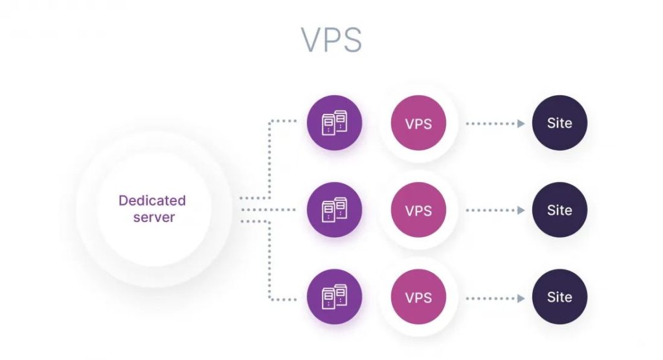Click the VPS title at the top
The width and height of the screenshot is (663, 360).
coord(331,40)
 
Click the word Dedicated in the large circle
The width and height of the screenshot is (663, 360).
coord(152,201)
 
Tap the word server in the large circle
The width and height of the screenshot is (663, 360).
coord(154,217)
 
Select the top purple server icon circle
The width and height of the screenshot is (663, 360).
coord(334,122)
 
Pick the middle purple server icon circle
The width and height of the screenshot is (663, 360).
coord(334,210)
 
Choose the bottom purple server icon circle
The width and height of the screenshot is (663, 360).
coord(334,298)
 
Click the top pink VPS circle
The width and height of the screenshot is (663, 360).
coord(418,123)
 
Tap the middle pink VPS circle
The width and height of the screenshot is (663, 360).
coord(418,210)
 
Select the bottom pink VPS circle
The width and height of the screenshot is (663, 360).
coord(418,298)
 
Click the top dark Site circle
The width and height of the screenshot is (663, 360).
coord(559,123)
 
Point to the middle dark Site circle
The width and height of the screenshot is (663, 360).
coord(559,210)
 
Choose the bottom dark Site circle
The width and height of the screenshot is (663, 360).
coord(559,298)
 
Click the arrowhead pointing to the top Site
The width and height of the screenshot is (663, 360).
coord(521,123)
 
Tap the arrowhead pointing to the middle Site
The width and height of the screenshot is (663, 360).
coord(521,210)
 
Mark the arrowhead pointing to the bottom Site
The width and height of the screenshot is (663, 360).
coord(521,298)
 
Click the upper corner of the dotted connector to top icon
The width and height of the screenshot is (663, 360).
coord(269,121)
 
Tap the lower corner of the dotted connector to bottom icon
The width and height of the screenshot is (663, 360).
coord(269,299)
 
